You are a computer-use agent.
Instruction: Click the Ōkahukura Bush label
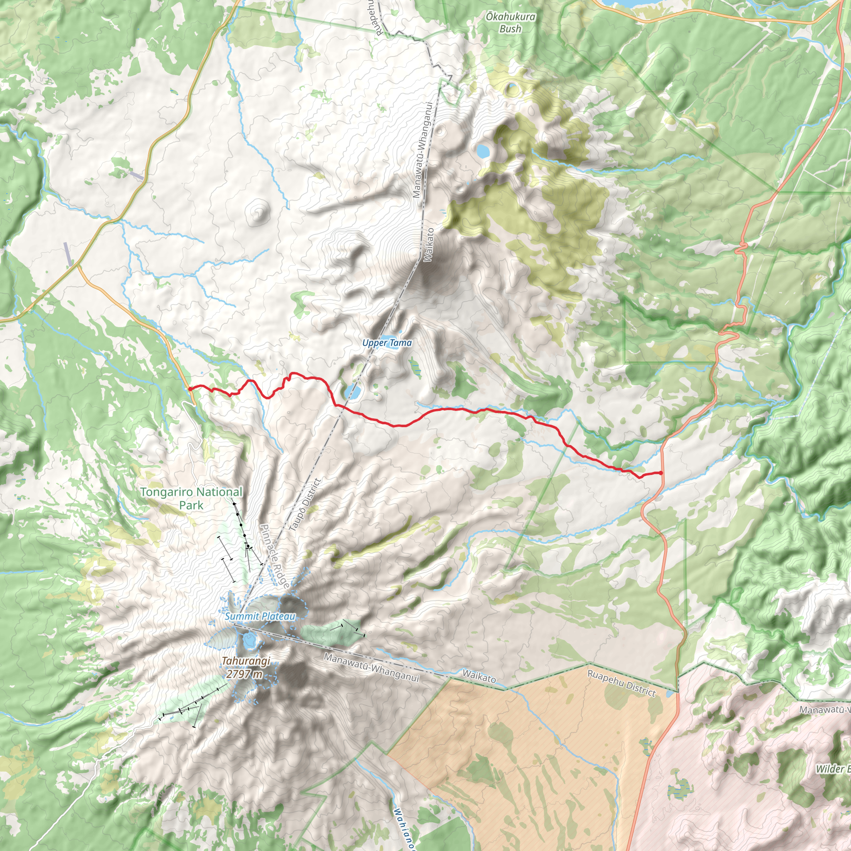pos(511,23)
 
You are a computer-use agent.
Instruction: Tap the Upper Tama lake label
pos(387,343)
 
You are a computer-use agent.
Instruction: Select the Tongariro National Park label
pos(191,498)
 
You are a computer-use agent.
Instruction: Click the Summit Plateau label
pos(260,617)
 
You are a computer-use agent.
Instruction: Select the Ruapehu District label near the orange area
pos(622,683)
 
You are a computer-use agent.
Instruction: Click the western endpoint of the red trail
pos(189,389)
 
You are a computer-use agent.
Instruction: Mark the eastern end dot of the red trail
pos(661,473)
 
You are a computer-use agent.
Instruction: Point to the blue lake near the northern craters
pos(483,152)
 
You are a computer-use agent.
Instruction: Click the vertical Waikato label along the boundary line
pos(428,245)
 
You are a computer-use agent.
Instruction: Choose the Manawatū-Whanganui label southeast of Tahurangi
pos(371,666)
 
